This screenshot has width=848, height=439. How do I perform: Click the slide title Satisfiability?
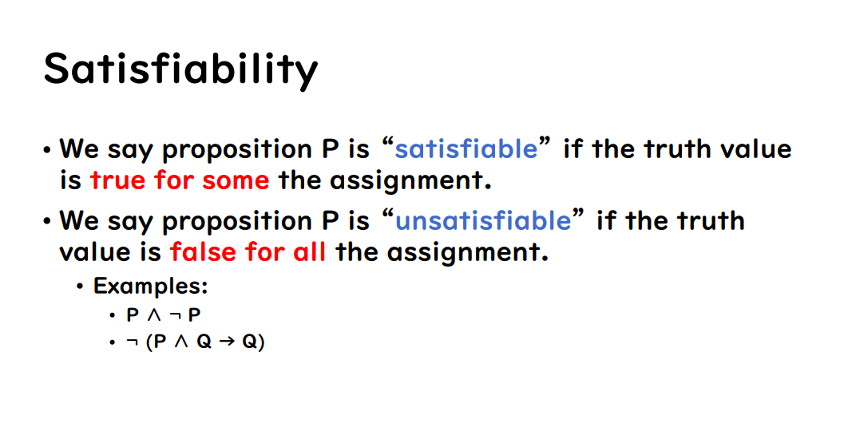click(x=180, y=69)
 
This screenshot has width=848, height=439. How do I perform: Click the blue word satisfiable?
click(x=466, y=148)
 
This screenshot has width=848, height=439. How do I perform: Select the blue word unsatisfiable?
click(x=483, y=220)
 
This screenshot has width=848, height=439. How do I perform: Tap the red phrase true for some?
click(x=180, y=180)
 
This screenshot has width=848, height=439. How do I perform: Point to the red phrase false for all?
click(x=248, y=252)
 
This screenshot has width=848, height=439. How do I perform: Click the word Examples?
click(x=150, y=286)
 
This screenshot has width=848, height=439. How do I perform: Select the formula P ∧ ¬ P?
click(x=163, y=314)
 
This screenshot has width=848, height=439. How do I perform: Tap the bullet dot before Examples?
click(x=80, y=287)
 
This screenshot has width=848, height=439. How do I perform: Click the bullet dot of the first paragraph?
click(x=48, y=150)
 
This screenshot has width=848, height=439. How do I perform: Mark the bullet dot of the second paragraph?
click(x=48, y=222)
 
